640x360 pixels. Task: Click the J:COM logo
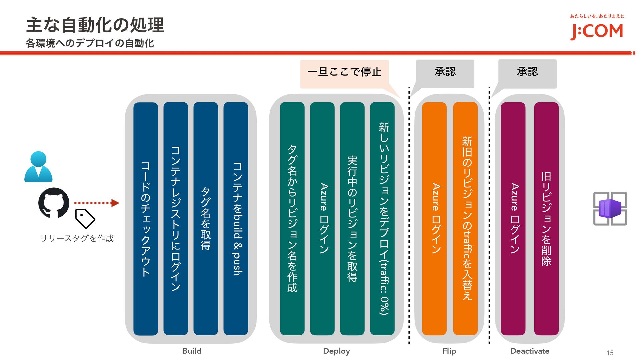pos(596,31)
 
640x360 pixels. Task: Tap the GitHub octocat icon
pos(54,203)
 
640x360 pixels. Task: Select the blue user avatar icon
pos(38,167)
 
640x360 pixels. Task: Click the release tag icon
pos(85,218)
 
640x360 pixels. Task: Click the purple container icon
pos(610,209)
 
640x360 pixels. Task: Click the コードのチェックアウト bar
pos(146,219)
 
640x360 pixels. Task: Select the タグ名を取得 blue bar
pos(206,219)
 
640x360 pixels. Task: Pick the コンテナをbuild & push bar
pos(236,219)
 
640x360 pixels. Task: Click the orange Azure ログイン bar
pos(434,219)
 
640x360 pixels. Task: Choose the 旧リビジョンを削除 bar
pos(546,219)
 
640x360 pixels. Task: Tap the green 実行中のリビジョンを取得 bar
pos(352,219)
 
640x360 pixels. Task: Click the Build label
pos(192,351)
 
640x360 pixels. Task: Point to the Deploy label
pos(336,351)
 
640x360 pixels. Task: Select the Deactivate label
pos(530,351)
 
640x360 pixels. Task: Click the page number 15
pos(610,353)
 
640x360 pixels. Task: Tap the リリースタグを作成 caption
pos(77,238)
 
